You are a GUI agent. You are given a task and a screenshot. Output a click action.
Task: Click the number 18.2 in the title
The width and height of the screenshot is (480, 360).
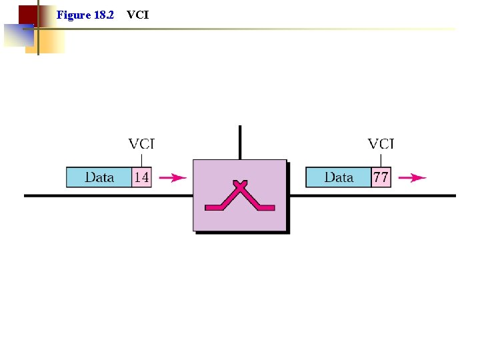click(x=104, y=14)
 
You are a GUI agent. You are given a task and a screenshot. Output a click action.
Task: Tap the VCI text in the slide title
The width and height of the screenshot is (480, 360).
click(x=137, y=14)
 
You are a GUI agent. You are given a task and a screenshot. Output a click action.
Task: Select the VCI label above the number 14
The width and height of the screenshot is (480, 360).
click(x=141, y=143)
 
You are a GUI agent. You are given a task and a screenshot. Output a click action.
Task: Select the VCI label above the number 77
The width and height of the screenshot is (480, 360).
click(x=381, y=143)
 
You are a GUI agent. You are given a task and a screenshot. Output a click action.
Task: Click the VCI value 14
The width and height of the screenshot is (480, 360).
click(x=141, y=177)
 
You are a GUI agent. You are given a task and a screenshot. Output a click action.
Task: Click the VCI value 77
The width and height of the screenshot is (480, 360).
click(x=381, y=177)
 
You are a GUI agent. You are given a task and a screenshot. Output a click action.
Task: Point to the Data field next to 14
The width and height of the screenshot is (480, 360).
click(x=99, y=177)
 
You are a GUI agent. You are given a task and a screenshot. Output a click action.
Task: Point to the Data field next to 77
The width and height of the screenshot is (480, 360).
click(x=339, y=177)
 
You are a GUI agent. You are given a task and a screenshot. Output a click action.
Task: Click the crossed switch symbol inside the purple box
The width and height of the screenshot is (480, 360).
click(x=240, y=196)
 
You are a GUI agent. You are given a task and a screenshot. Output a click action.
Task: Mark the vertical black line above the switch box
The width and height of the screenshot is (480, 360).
click(x=240, y=142)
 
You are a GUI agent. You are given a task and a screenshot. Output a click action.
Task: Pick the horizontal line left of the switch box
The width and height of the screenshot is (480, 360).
click(x=107, y=195)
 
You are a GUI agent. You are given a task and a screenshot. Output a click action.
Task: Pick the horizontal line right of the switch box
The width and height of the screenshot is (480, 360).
click(x=373, y=195)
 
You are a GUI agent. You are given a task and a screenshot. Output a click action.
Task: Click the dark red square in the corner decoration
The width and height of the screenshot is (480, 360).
click(x=27, y=15)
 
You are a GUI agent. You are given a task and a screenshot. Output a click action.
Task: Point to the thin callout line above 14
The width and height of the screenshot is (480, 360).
click(x=141, y=160)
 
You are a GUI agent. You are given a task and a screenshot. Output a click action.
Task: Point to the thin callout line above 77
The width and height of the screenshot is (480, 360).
click(x=381, y=160)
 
